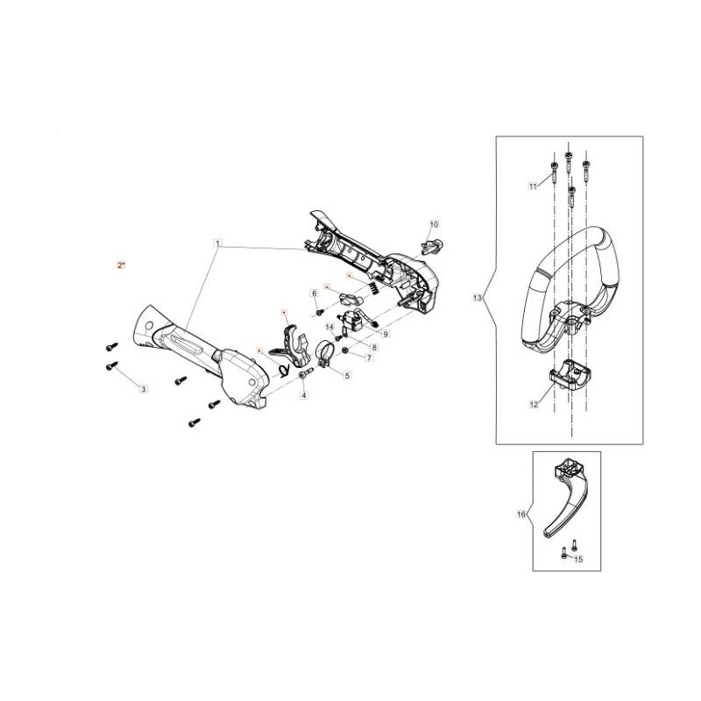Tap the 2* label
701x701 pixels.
121,264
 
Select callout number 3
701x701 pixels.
144,388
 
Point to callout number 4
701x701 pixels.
304,396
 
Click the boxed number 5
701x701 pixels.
347,375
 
